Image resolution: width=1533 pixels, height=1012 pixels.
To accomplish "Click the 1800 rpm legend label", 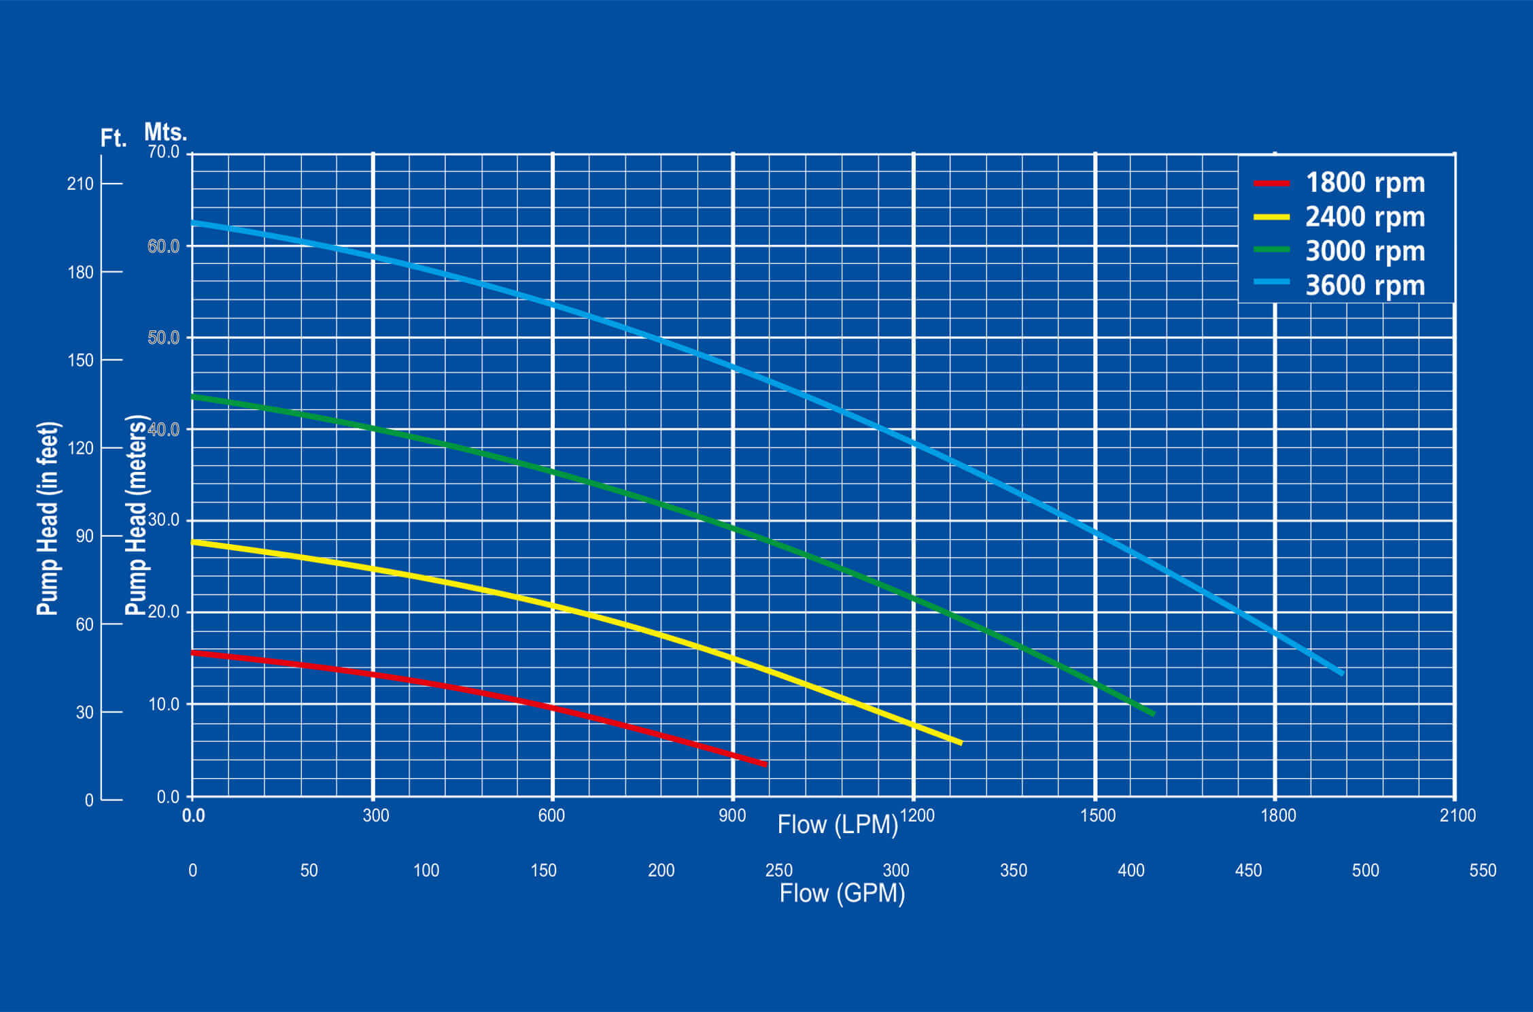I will [x=1364, y=182].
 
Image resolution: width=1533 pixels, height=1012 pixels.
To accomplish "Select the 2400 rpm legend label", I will [x=1364, y=217].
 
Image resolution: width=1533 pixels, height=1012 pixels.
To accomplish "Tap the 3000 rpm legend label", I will [x=1364, y=251].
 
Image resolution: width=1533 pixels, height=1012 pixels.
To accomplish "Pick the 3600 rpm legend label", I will [x=1364, y=286].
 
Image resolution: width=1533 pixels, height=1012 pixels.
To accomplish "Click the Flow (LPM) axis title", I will [x=838, y=824].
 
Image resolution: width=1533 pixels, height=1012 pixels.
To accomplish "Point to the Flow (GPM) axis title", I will [x=842, y=893].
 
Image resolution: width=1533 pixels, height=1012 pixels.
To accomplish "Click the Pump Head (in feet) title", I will [x=48, y=518].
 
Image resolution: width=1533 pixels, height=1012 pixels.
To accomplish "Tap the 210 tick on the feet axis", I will [x=80, y=184].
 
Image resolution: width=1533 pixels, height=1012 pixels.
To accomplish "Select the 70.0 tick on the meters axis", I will [x=164, y=152].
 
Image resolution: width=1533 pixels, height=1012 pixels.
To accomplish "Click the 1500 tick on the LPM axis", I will [x=1097, y=815].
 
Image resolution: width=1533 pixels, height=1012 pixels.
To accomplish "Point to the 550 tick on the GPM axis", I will [x=1483, y=871].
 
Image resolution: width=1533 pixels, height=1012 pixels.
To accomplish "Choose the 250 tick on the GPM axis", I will [x=778, y=871].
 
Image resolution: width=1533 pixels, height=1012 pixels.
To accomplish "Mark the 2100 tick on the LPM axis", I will [x=1458, y=815].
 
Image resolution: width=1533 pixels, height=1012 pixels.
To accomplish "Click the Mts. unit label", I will [x=165, y=131].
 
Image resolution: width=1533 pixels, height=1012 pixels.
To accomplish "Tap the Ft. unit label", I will [x=114, y=138].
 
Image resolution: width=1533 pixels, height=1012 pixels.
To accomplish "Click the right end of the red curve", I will [x=765, y=764].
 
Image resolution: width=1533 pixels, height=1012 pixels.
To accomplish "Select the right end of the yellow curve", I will [x=961, y=743].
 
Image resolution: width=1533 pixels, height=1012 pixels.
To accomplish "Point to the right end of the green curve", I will [x=1153, y=713].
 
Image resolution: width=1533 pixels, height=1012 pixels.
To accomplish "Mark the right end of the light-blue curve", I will [x=1342, y=673].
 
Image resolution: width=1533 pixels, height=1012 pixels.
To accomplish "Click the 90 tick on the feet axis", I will [x=85, y=536].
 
